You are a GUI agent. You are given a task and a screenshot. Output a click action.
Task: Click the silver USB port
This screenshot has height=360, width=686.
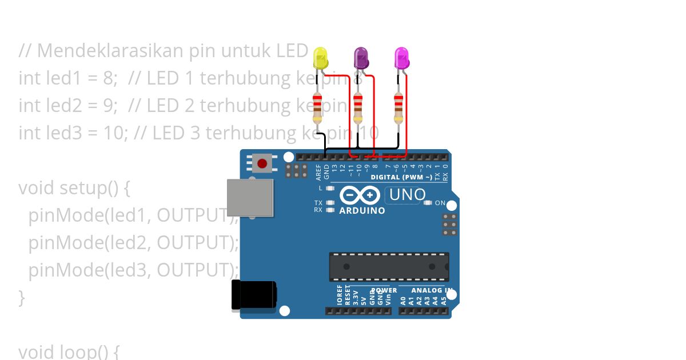point(250,198)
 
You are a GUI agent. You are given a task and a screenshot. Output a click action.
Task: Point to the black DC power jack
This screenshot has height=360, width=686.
point(254,295)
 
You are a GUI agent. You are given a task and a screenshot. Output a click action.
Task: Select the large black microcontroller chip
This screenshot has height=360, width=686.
point(389,267)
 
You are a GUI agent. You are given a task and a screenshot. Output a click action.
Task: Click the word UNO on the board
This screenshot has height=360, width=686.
point(407,195)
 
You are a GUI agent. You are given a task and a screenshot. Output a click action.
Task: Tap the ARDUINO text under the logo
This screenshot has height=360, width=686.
point(362,210)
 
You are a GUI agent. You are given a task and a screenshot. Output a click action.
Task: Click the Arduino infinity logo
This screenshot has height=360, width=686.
point(360,195)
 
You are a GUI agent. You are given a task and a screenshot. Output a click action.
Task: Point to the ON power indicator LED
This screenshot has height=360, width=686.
point(428,203)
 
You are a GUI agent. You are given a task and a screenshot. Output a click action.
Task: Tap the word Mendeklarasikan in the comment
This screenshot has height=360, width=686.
point(103,51)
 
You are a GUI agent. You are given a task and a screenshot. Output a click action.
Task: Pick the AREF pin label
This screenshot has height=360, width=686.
point(318,172)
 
